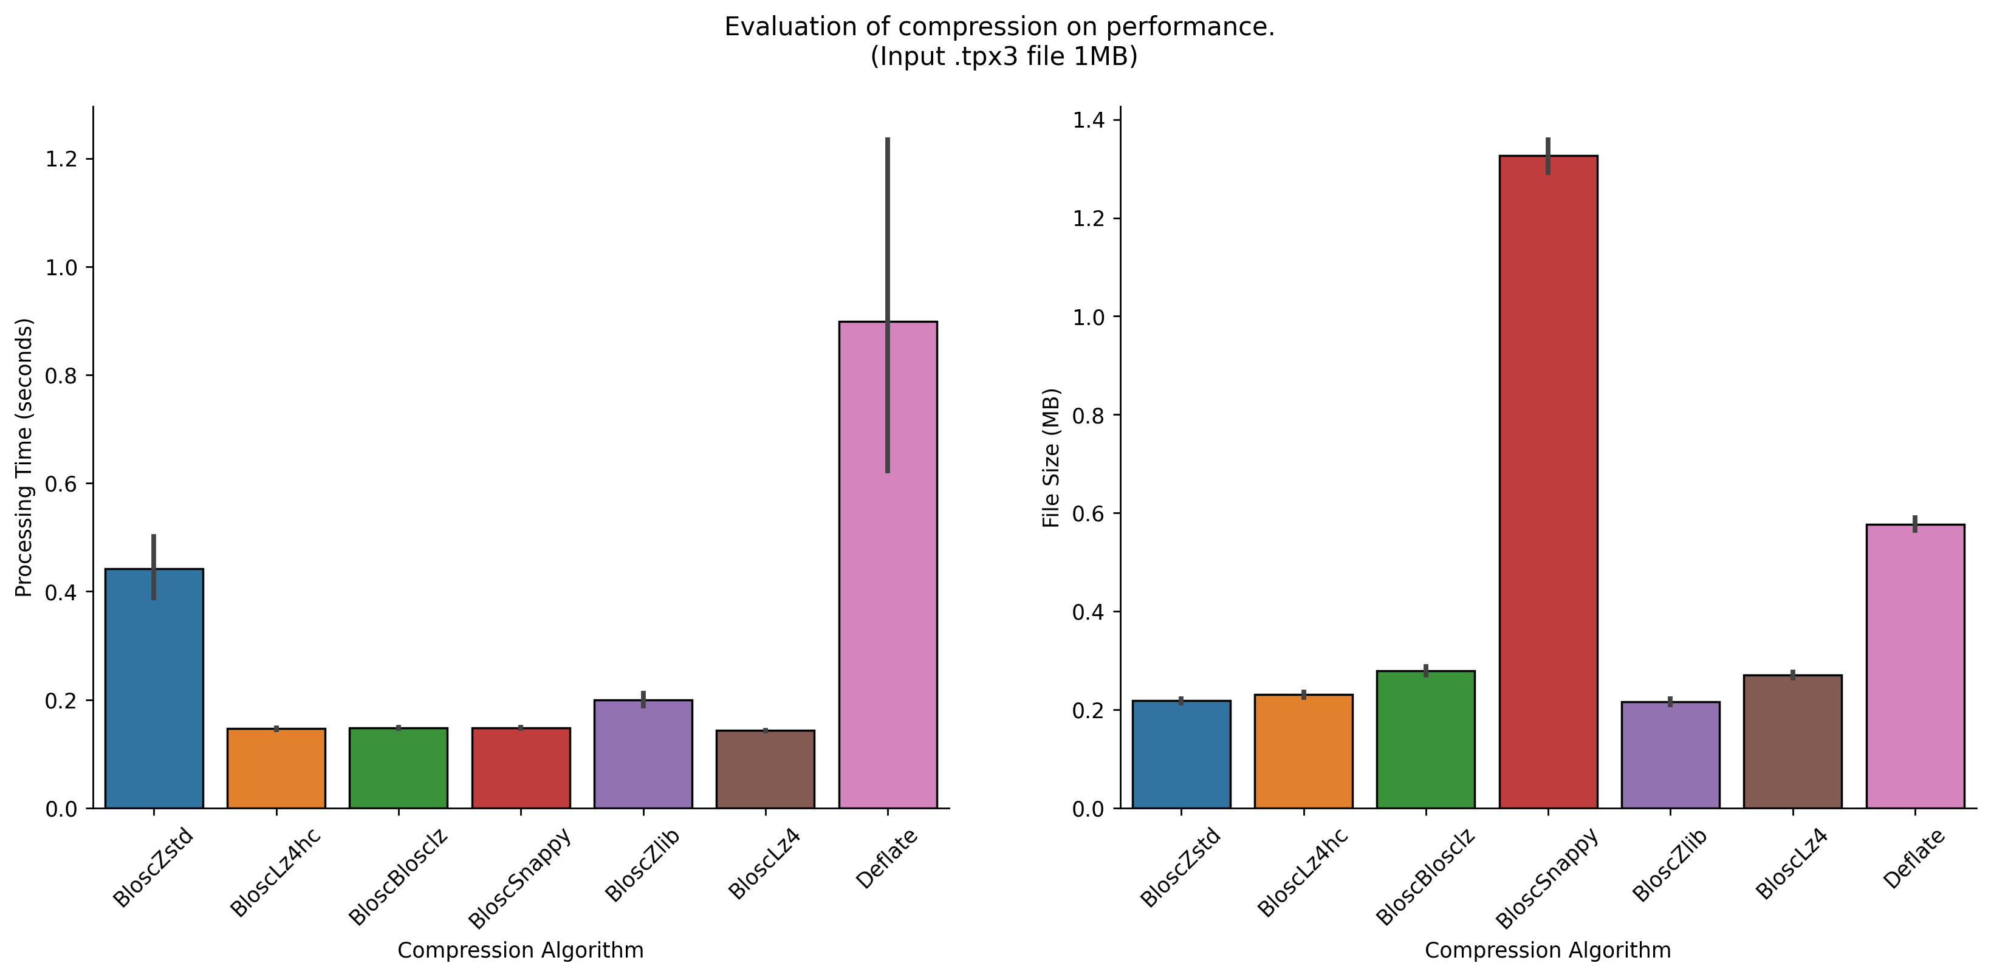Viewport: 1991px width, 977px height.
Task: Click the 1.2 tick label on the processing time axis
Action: tap(62, 159)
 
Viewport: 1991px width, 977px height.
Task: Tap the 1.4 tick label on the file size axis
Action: tap(1088, 120)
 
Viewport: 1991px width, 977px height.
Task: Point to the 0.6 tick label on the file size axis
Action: tap(1088, 514)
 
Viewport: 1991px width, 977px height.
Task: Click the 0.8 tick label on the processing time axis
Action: tap(62, 375)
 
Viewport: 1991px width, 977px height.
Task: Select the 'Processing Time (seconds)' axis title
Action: tap(25, 458)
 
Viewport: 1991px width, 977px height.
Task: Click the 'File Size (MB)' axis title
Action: tap(1051, 458)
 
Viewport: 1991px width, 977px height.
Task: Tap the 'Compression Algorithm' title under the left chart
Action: tap(520, 950)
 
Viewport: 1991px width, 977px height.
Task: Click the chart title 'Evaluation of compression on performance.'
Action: tap(999, 27)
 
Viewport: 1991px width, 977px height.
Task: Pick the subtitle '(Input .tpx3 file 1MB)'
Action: tap(1003, 57)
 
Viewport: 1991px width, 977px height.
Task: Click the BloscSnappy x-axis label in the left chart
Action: tap(519, 878)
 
